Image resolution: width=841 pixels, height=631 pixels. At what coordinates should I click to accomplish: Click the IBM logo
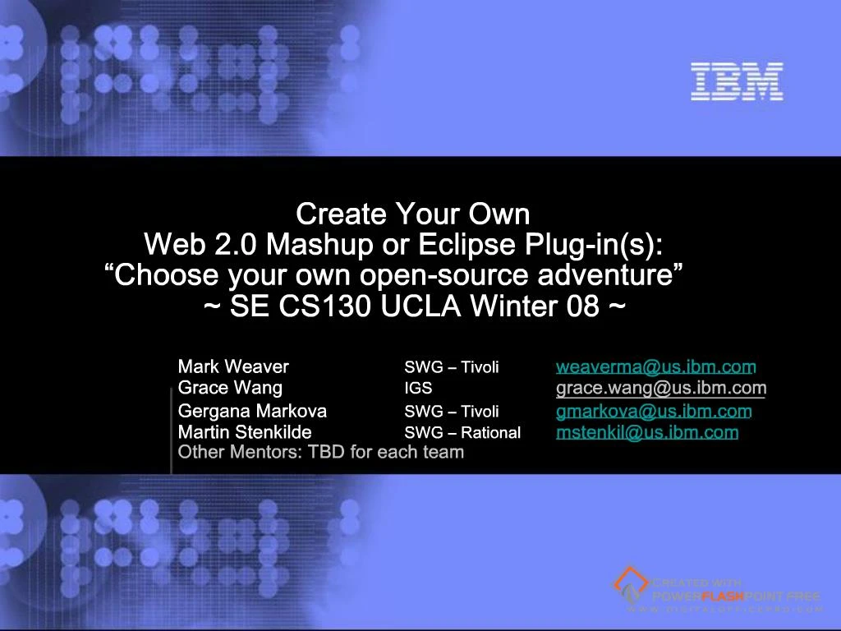click(x=737, y=82)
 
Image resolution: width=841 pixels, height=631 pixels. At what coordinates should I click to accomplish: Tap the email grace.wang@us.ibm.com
click(x=661, y=388)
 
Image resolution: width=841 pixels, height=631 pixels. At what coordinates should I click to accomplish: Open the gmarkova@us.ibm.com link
click(x=654, y=411)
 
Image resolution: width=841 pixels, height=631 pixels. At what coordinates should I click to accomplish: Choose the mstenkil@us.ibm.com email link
click(x=647, y=432)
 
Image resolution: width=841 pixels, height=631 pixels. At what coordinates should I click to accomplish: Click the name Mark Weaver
click(x=233, y=366)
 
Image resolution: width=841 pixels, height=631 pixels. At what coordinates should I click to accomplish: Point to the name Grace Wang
click(x=230, y=388)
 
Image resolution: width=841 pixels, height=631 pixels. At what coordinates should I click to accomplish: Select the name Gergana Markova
click(x=252, y=411)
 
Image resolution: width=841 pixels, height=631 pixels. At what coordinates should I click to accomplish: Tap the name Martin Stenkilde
click(x=245, y=432)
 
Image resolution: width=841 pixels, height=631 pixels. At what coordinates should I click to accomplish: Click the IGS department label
click(x=418, y=388)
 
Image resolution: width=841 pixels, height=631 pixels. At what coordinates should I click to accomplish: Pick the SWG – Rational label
click(x=462, y=432)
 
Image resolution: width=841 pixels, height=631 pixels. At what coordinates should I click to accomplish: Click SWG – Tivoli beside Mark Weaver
click(x=451, y=366)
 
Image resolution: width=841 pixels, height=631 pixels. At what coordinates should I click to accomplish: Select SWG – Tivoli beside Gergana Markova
click(x=451, y=411)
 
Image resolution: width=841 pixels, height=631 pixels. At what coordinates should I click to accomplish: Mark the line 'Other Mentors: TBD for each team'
click(x=321, y=452)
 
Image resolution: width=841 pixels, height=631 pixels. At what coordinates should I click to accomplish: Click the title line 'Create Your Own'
click(x=412, y=214)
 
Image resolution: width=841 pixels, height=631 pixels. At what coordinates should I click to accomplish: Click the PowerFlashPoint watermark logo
click(x=716, y=590)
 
